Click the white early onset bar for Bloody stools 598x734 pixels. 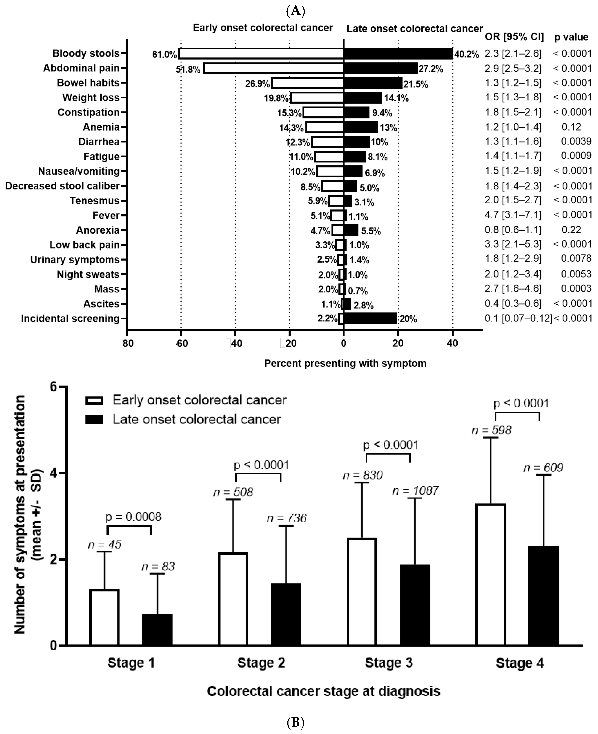(x=261, y=53)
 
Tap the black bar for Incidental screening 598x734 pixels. (x=370, y=318)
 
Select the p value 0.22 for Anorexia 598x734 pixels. (x=571, y=230)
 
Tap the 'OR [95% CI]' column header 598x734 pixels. (x=514, y=37)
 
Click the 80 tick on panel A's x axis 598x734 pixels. (x=128, y=343)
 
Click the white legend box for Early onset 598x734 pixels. (x=94, y=400)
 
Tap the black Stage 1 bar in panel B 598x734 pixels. (x=157, y=630)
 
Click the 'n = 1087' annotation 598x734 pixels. (x=415, y=491)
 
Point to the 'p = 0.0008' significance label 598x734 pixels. (x=133, y=517)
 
